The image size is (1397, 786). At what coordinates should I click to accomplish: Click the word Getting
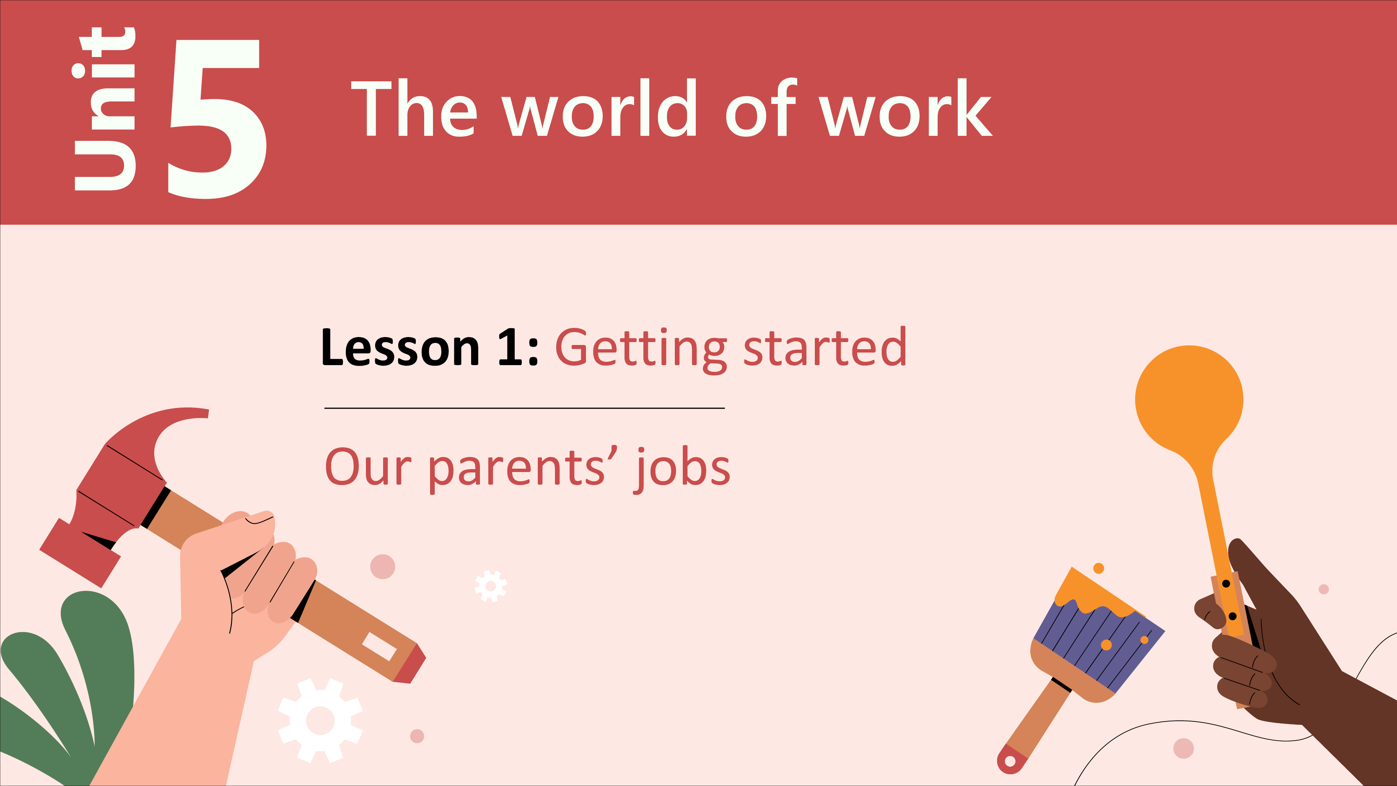click(x=640, y=350)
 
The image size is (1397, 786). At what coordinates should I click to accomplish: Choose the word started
click(x=824, y=347)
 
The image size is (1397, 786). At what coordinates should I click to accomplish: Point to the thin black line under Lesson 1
click(x=524, y=408)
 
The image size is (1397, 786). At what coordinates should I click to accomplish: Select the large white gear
click(x=320, y=720)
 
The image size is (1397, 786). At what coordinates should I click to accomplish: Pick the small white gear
click(x=491, y=586)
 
